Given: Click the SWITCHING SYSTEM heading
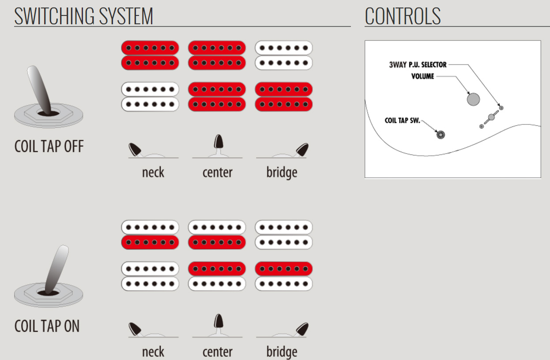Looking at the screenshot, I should coord(84,16).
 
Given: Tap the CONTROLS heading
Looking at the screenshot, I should coord(403,16).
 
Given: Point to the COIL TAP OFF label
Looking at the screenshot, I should coord(49,146).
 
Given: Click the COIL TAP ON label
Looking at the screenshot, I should coord(47,326).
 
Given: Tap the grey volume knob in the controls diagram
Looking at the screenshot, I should coord(473,99).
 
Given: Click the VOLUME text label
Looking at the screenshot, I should coord(423,76).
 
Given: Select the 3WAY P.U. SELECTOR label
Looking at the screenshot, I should coord(418,64).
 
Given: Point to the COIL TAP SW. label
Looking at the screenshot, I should coord(402,120).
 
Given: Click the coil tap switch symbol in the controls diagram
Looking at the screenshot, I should coord(440,135).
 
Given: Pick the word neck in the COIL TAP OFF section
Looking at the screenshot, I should coord(153,172).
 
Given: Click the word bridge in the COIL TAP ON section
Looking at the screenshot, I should coord(282,352).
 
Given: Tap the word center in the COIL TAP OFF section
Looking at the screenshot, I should coord(217,172).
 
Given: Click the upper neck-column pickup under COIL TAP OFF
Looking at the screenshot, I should coord(150,55).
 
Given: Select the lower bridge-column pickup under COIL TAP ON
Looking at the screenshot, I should coord(284,276).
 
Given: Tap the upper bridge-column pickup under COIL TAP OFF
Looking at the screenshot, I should coord(284,55).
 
